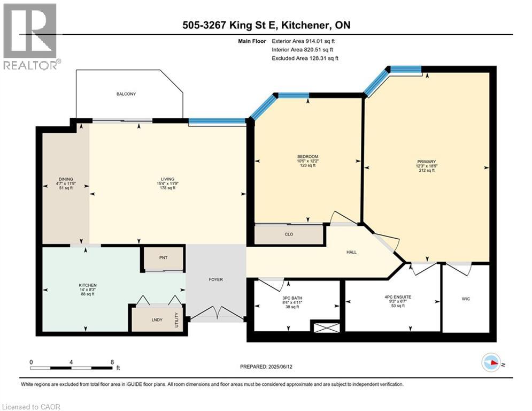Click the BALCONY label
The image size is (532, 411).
point(126,94)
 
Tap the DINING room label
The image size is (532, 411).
point(66,179)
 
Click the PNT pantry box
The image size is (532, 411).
point(163,258)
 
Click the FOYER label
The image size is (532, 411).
point(215,279)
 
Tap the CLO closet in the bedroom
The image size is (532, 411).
point(289,234)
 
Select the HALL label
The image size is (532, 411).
point(351,253)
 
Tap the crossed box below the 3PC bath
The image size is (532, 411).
point(326,327)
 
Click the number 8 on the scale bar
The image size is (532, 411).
point(112,362)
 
